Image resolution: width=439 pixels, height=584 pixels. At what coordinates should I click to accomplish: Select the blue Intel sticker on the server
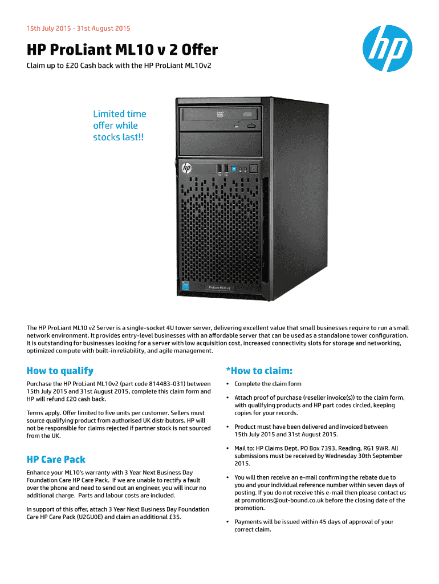point(186,285)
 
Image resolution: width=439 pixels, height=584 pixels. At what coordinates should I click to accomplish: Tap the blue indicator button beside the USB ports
point(233,168)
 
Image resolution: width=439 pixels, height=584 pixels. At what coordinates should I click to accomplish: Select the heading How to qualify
point(60,371)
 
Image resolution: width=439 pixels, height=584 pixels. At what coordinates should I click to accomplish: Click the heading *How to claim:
point(259,371)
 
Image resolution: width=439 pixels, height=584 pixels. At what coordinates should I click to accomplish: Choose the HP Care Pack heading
point(56,459)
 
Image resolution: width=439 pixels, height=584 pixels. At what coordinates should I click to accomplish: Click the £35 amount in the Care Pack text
point(173,517)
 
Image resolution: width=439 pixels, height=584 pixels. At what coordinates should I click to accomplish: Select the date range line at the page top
point(79,28)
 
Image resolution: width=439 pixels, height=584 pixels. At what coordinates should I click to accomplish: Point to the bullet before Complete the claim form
point(228,384)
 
